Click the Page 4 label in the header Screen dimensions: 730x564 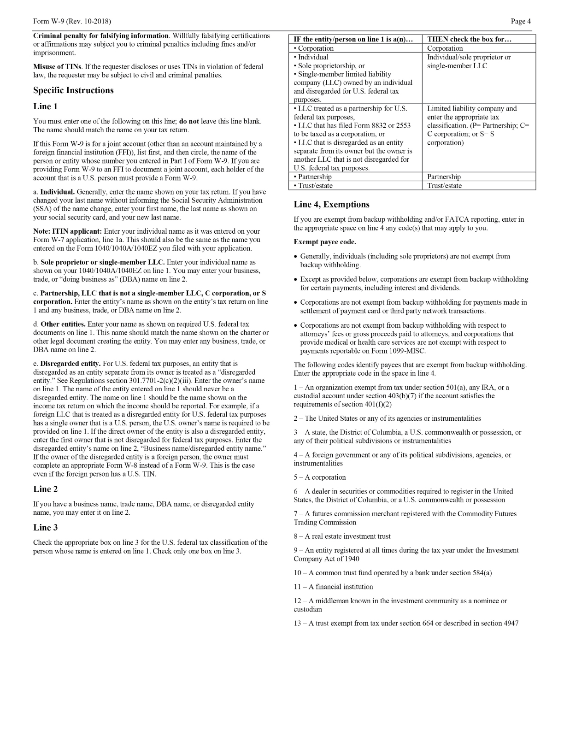click(x=521, y=21)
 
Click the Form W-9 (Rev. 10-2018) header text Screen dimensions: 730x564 click(x=72, y=21)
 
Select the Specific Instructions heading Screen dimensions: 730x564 click(x=73, y=90)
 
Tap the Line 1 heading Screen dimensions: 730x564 click(x=45, y=106)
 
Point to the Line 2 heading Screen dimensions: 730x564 click(x=45, y=489)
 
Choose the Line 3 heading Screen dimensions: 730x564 click(x=45, y=527)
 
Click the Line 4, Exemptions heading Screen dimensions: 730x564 click(x=331, y=205)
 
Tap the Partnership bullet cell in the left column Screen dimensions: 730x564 click(x=313, y=177)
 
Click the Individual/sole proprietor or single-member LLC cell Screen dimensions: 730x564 click(x=469, y=62)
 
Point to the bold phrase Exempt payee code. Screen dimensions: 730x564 click(x=324, y=242)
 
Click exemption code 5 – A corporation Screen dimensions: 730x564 click(x=320, y=477)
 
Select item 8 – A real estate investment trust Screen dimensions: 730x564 click(x=342, y=536)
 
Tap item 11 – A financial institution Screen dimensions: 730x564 click(x=333, y=587)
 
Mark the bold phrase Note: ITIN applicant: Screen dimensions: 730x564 click(x=67, y=231)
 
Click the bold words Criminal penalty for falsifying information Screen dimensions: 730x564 click(x=100, y=35)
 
